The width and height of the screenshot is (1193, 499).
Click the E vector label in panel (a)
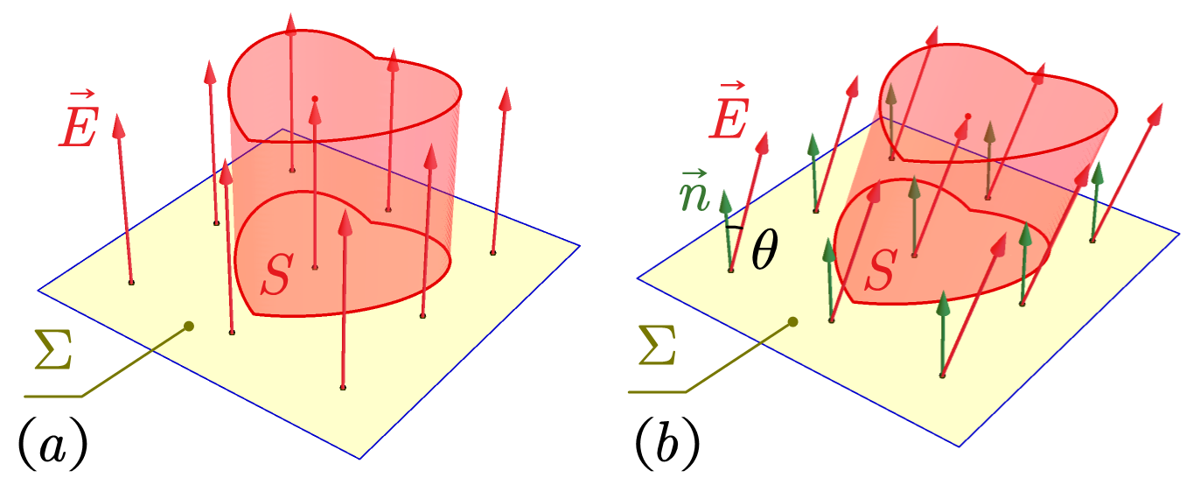pos(78,119)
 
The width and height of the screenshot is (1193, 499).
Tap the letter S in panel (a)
pos(277,274)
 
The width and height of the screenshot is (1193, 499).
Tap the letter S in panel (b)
pos(882,270)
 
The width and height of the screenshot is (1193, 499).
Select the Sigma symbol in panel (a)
pos(53,349)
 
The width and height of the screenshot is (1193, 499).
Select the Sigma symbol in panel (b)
pos(658,346)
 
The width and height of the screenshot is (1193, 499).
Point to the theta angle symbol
pos(764,249)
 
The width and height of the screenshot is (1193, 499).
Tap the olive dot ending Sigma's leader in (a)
pos(189,326)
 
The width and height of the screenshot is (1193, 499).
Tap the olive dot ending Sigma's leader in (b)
pos(793,321)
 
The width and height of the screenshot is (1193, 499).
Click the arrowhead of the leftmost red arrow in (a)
pos(118,126)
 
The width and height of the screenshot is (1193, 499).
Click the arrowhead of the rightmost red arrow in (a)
pos(506,99)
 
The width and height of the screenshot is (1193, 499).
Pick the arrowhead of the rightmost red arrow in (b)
pos(1155,116)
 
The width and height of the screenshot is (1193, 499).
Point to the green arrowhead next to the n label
pos(725,202)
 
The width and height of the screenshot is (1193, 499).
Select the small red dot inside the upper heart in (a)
pos(315,99)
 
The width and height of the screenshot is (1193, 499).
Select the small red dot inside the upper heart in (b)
pos(967,116)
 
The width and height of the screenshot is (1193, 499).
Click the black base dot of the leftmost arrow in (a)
pos(131,282)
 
